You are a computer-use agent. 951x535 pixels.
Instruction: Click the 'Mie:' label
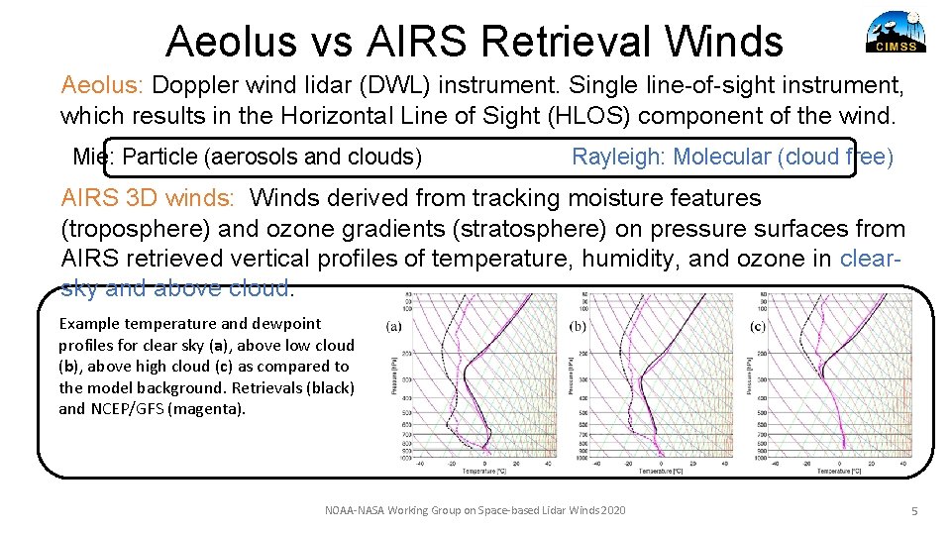[95, 157]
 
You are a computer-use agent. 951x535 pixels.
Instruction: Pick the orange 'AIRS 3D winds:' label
[148, 198]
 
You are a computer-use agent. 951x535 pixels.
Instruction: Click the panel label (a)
[393, 326]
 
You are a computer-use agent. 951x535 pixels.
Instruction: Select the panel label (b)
[579, 326]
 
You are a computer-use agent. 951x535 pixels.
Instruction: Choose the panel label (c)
[758, 326]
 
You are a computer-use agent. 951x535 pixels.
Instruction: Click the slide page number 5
[915, 511]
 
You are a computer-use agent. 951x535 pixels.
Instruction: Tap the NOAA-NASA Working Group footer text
[475, 510]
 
